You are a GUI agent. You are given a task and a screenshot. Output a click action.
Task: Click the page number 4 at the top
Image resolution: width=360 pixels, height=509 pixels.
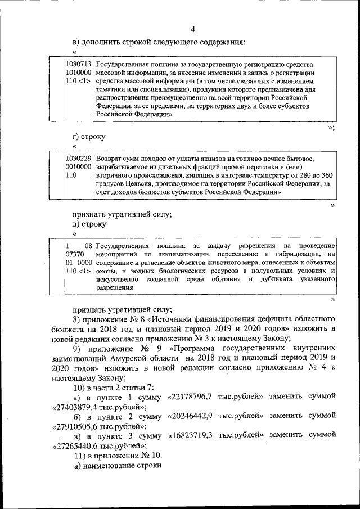(x=192, y=29)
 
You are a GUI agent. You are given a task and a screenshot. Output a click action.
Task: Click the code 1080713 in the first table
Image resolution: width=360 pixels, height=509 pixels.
(x=79, y=65)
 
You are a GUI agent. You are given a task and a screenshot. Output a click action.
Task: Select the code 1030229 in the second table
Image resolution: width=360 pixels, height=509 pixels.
(x=79, y=159)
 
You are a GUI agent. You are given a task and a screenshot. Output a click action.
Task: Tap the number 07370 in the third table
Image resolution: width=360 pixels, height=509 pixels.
(x=75, y=254)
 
